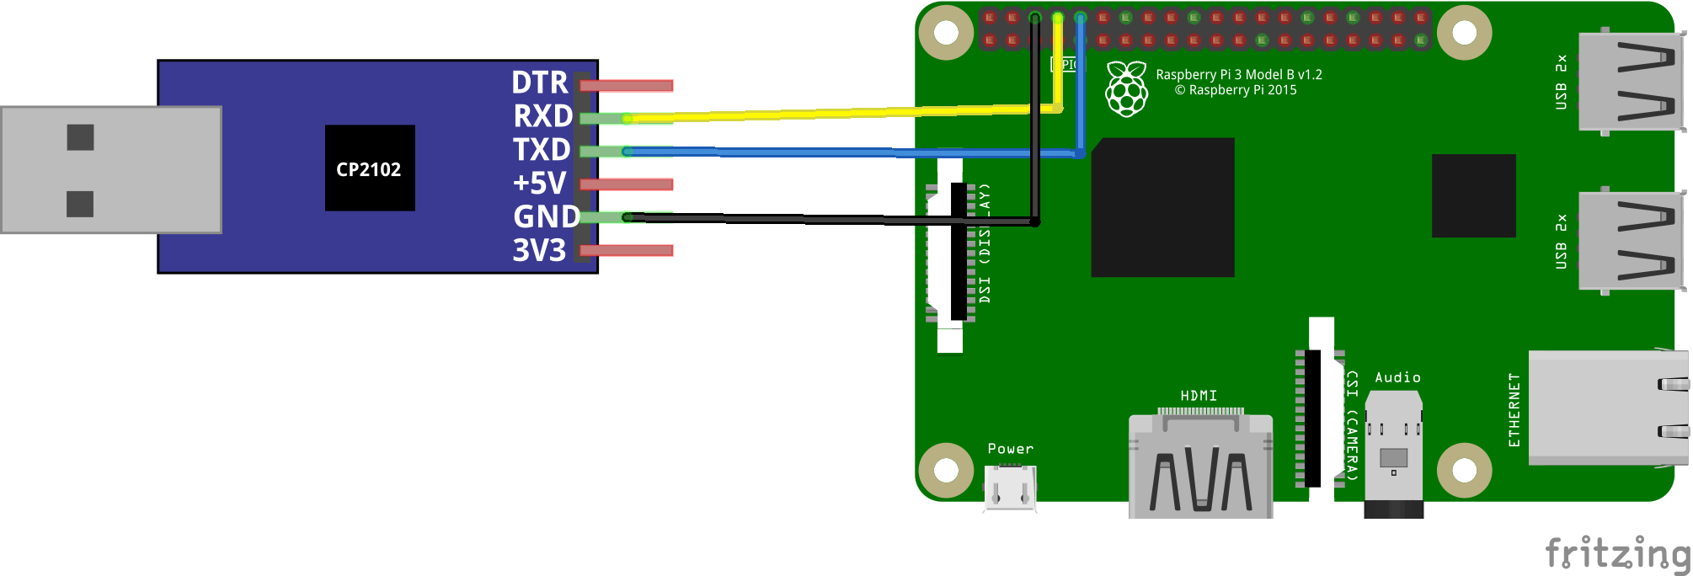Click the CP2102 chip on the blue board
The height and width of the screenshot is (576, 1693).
click(x=370, y=168)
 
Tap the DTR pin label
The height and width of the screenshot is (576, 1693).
click(x=540, y=83)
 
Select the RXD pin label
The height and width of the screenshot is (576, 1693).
click(x=543, y=116)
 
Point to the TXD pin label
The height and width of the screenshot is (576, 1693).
click(x=542, y=150)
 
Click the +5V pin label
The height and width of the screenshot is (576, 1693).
click(x=540, y=183)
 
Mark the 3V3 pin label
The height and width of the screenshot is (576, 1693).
click(x=539, y=250)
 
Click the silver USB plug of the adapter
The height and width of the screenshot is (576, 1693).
click(x=110, y=169)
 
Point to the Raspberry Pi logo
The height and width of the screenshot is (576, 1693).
click(x=1126, y=88)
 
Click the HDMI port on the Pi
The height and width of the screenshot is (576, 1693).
click(x=1200, y=463)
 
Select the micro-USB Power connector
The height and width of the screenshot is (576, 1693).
click(x=1010, y=487)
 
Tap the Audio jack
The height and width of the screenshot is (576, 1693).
click(x=1393, y=455)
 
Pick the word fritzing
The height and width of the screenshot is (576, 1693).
click(x=1617, y=553)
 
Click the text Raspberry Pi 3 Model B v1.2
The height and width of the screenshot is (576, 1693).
click(x=1238, y=75)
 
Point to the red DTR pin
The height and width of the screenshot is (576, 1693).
click(x=627, y=85)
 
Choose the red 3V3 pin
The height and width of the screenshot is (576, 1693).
click(x=627, y=250)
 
